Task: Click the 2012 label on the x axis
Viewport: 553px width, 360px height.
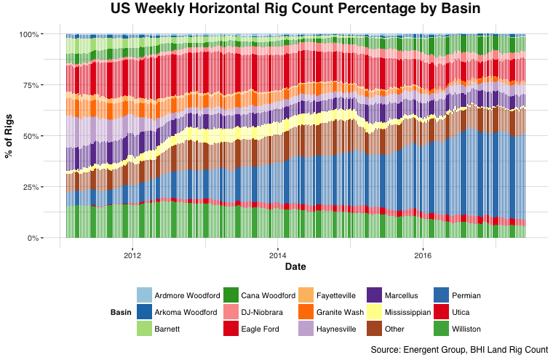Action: (x=132, y=255)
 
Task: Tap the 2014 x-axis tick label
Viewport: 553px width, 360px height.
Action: (x=277, y=255)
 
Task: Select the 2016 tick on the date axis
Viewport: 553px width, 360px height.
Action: (x=423, y=255)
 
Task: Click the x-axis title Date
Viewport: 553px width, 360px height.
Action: (x=295, y=268)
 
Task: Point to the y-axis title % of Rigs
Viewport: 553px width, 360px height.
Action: (x=10, y=136)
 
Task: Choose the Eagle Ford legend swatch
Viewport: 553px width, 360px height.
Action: (x=231, y=329)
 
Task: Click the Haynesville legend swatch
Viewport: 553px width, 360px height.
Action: (x=306, y=329)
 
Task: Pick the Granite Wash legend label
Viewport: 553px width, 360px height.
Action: (x=340, y=313)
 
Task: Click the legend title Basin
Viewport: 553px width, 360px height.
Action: (x=121, y=313)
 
